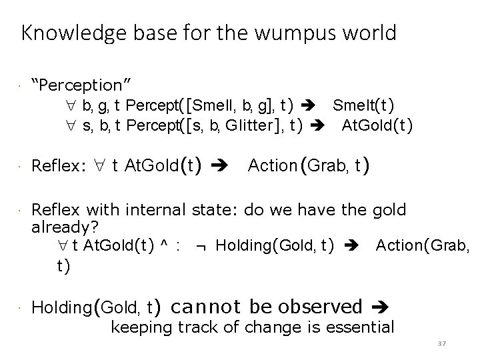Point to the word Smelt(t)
click(363, 105)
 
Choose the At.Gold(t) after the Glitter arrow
click(377, 125)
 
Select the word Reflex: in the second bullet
click(59, 165)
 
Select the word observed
click(319, 307)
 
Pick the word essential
click(357, 327)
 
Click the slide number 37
click(441, 345)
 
